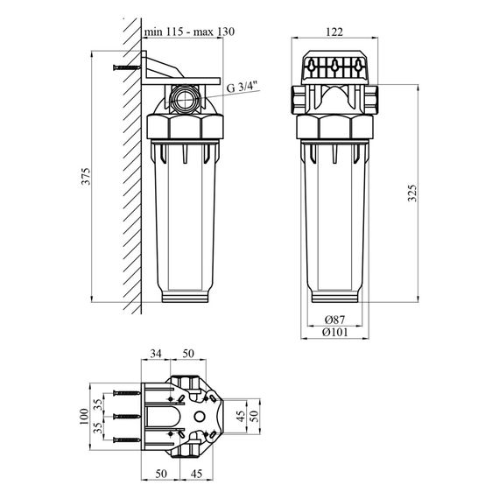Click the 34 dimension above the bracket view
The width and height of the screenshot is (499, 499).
tap(156, 354)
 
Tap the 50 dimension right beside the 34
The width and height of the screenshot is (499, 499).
tap(187, 354)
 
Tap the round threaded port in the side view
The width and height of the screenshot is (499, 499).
tap(185, 98)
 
